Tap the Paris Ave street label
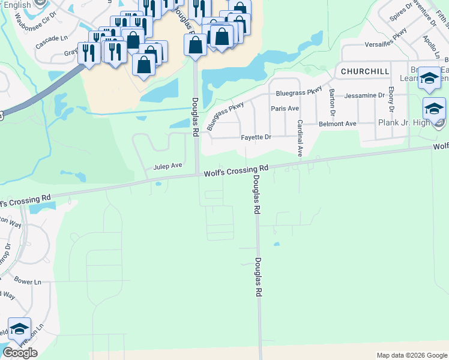click(x=285, y=109)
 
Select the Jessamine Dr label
click(x=364, y=95)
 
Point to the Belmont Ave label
click(x=337, y=124)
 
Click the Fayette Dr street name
click(x=256, y=137)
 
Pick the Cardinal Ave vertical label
click(x=300, y=138)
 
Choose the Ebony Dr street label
click(x=391, y=100)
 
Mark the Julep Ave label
click(x=167, y=166)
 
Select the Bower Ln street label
click(x=27, y=281)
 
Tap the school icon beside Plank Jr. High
click(x=434, y=109)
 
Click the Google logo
click(x=20, y=353)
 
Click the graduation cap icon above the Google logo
click(x=20, y=329)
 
